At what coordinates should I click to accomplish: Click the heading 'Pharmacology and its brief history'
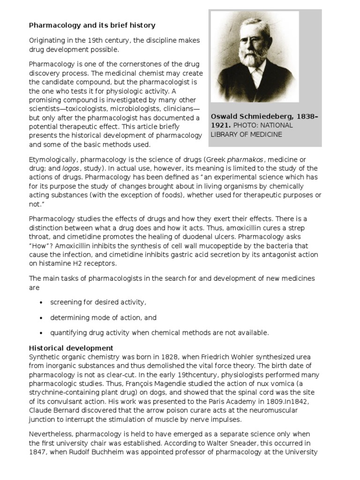tap(92, 25)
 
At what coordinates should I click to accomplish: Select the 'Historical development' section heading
tap(71, 348)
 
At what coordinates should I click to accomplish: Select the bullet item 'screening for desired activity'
tap(98, 302)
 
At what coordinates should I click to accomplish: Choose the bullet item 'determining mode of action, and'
tap(104, 317)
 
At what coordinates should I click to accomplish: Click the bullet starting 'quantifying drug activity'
tap(160, 333)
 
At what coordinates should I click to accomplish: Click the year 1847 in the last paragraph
tap(38, 452)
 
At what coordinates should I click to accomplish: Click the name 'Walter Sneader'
tap(214, 443)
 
